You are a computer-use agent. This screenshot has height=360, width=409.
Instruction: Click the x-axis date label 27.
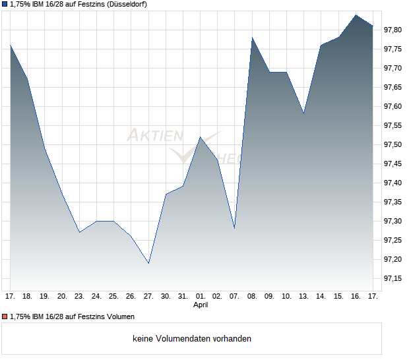[x=148, y=297]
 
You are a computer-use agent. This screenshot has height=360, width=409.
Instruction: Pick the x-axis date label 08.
[x=253, y=297]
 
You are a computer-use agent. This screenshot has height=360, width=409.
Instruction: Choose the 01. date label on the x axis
[x=201, y=297]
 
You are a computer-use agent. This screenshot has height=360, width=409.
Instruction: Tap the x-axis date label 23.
[x=79, y=297]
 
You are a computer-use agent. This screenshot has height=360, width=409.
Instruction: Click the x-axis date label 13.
[x=304, y=297]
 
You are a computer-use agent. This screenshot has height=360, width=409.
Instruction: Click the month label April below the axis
[x=201, y=305]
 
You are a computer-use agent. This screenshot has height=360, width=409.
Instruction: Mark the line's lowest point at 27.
[x=148, y=263]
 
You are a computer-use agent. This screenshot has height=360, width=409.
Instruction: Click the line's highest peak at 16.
[x=356, y=15]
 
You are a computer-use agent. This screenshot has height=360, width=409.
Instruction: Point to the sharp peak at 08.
[x=253, y=38]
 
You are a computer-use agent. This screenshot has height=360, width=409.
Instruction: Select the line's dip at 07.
[x=235, y=228]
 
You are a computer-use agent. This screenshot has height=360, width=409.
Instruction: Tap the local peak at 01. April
[x=201, y=136]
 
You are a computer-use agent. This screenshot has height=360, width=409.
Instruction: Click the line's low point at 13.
[x=304, y=113]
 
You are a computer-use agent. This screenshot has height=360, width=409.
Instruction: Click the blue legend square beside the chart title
[x=5, y=5]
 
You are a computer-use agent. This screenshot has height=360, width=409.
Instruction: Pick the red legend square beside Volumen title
[x=5, y=316]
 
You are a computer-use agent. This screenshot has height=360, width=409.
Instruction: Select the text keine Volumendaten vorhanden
[x=192, y=339]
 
